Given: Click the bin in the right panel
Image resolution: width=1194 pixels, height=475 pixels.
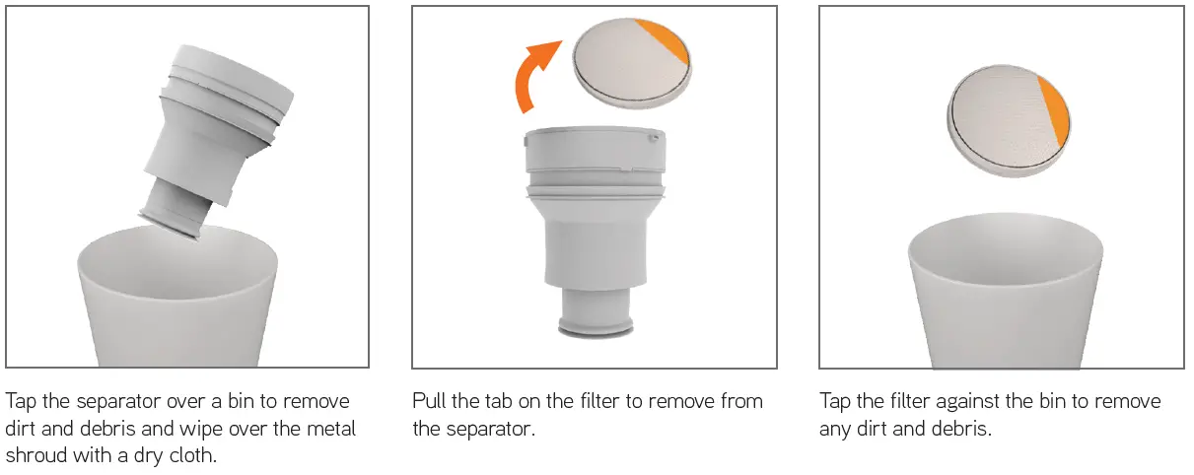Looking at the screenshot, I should point(1004,296).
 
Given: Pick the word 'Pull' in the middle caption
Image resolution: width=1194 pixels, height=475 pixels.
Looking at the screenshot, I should point(429,402).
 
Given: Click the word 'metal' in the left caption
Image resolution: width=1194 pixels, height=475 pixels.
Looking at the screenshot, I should point(330,430).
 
